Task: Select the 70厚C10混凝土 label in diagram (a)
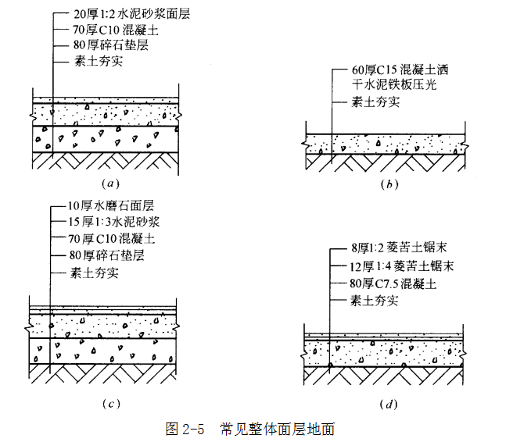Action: (102, 29)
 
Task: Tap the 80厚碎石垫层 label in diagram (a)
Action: (99, 45)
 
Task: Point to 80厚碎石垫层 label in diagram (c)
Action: (99, 256)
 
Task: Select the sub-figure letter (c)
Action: (109, 402)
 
